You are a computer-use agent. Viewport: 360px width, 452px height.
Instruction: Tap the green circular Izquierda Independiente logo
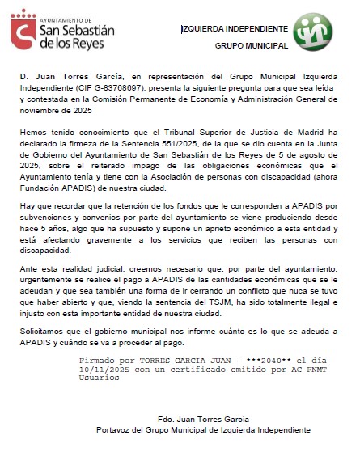(x=313, y=36)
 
